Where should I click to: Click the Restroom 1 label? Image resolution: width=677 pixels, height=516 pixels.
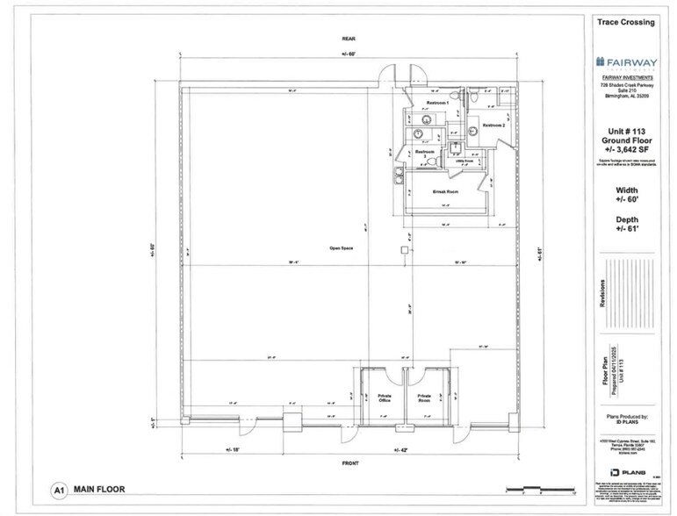(437, 104)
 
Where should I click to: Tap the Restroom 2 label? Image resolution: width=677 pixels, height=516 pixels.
(493, 125)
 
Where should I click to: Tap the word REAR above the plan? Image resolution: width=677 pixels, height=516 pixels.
(347, 39)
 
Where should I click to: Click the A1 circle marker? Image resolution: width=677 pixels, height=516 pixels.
(60, 491)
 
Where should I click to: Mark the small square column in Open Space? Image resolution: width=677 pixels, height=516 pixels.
(403, 250)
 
